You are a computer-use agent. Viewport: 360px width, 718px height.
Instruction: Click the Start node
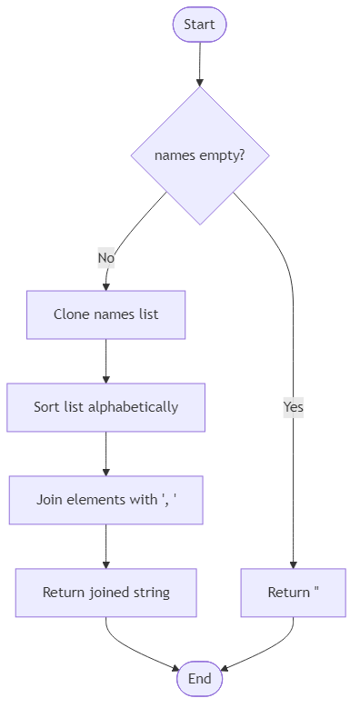click(199, 25)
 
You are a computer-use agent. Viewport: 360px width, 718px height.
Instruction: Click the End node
click(199, 679)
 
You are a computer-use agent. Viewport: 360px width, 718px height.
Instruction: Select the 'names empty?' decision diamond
click(199, 155)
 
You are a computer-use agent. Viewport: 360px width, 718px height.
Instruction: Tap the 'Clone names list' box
click(105, 314)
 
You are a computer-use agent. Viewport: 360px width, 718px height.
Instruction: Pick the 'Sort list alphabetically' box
click(105, 406)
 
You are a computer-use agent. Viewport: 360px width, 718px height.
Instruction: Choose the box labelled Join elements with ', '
click(105, 499)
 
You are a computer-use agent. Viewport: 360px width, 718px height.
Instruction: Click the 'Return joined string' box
click(105, 593)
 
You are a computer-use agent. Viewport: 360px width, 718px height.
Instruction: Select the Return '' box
click(293, 593)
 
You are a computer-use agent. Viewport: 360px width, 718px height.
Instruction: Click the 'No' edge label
click(105, 258)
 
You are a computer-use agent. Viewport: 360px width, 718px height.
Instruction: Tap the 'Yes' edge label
click(293, 407)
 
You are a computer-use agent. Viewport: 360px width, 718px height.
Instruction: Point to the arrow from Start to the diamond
click(199, 64)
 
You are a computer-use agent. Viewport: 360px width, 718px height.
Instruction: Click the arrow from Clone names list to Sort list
click(105, 361)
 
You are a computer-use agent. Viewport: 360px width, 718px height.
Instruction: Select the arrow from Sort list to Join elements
click(105, 453)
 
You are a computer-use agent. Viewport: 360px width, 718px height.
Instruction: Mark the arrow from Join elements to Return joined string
click(105, 545)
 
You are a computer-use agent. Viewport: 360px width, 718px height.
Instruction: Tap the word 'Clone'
click(71, 314)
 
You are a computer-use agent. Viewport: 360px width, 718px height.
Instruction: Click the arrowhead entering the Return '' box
click(293, 563)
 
